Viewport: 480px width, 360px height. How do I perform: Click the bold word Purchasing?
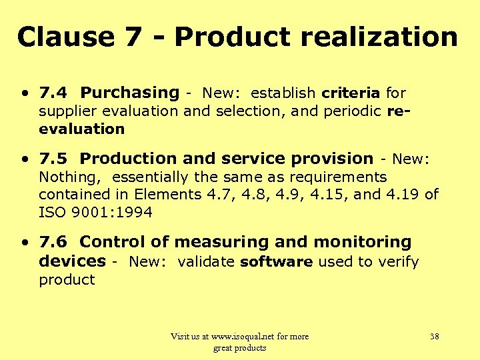point(129,93)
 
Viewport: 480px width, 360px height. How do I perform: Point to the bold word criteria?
point(351,93)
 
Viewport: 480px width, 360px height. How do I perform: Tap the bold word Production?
point(125,159)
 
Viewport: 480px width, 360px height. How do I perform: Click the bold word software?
point(276,261)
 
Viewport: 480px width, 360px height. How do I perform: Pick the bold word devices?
point(72,261)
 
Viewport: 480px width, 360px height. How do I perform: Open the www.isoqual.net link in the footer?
point(247,337)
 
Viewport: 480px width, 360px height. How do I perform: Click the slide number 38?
point(434,337)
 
